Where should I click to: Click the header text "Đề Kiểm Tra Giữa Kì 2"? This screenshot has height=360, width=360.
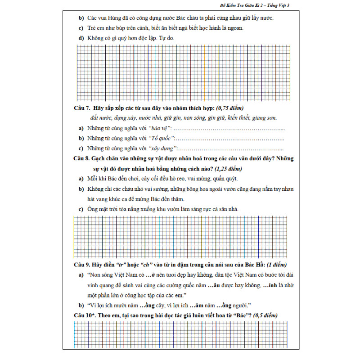pos(241,5)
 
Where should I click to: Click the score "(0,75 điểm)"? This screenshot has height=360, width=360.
pos(229,108)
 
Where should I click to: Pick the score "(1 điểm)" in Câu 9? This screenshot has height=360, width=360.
pos(273,265)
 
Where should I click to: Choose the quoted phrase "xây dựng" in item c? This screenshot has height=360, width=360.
pos(162,148)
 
